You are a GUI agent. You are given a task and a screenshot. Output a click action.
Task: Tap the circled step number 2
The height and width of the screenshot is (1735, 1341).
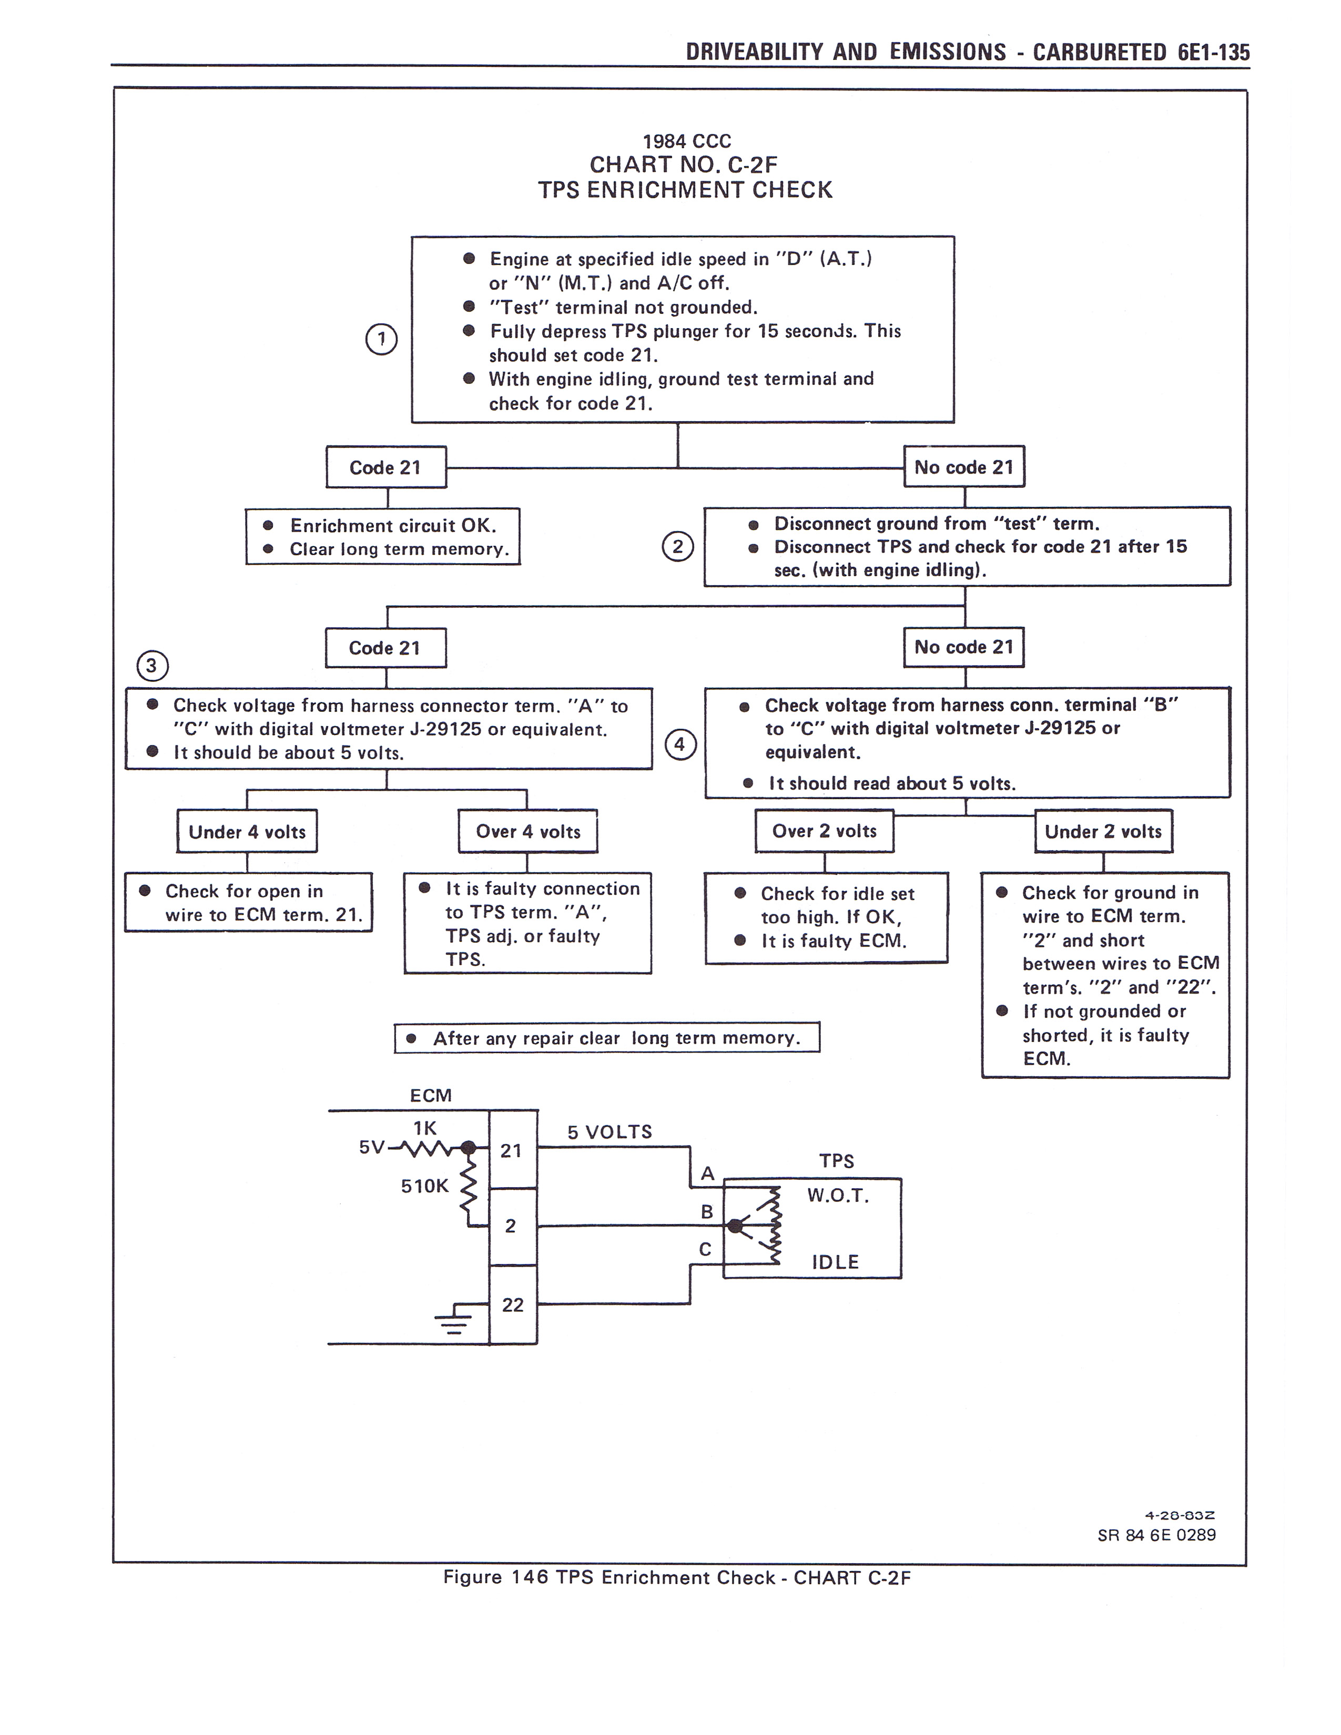(x=678, y=547)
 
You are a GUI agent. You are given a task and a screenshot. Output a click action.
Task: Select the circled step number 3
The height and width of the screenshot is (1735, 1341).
(x=153, y=665)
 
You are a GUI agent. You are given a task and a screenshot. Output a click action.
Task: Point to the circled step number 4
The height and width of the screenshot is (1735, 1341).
(x=680, y=744)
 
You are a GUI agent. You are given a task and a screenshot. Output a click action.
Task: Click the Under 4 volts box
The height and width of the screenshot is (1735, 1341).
(x=247, y=832)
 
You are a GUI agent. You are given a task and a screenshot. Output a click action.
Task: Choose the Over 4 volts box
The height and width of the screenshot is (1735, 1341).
(x=527, y=832)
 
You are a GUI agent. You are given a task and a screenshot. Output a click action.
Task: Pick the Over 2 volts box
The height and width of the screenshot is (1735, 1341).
(x=824, y=831)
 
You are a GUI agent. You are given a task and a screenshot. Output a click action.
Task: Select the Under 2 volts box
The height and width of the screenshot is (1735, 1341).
(x=1103, y=832)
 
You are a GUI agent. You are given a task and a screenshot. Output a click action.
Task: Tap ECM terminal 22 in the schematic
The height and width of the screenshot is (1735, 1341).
(x=512, y=1304)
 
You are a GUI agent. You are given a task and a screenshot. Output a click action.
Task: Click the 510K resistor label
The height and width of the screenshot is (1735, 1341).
(x=424, y=1186)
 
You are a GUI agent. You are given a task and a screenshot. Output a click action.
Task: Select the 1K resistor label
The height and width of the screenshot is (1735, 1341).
(x=425, y=1128)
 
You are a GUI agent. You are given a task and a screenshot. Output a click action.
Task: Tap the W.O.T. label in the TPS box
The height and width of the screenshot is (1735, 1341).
(x=838, y=1196)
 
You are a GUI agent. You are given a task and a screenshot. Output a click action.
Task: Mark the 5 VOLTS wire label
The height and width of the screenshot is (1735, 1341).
(x=609, y=1132)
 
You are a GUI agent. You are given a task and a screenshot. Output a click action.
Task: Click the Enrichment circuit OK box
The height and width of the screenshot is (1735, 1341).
(x=383, y=537)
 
